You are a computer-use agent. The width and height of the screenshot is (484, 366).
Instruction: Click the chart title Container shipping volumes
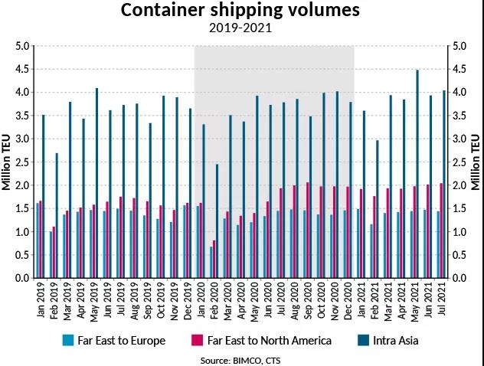(241, 11)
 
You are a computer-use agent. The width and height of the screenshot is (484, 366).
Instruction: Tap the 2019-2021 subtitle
(241, 29)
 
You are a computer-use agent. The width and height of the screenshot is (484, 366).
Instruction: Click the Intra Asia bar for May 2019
(97, 183)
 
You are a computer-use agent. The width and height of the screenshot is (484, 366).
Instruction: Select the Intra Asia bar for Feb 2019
(57, 215)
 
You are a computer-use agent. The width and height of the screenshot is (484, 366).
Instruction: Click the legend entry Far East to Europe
(123, 340)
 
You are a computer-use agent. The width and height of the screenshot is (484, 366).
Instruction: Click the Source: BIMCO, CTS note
(242, 358)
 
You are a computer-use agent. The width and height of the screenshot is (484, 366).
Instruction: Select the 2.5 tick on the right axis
(460, 162)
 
